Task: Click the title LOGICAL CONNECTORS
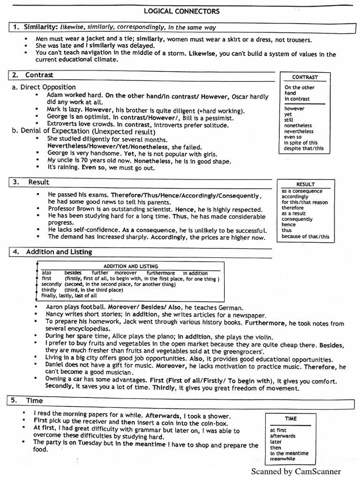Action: (180, 11)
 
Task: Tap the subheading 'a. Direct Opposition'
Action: (44, 87)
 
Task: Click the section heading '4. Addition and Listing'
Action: (52, 252)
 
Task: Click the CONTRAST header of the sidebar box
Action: (305, 77)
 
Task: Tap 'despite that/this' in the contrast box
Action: (303, 149)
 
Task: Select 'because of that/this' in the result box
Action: (305, 236)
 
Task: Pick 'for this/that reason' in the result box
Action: (305, 202)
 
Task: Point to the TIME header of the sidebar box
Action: (291, 419)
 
